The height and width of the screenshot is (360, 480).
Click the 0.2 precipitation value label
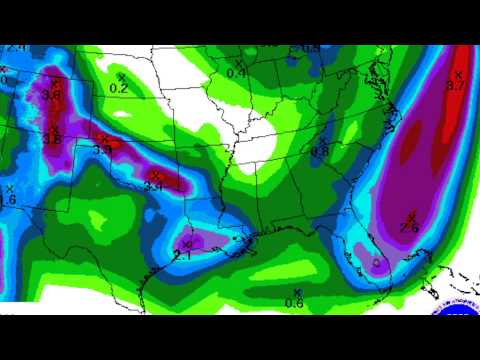coord(118,89)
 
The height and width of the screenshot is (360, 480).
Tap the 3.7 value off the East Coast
coord(456,87)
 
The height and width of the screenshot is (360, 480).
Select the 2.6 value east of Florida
coord(409,229)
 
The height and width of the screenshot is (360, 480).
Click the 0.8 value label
coord(320,151)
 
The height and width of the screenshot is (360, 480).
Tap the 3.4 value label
coord(153,187)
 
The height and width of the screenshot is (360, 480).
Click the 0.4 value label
coord(236,73)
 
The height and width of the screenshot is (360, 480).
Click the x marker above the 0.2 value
coord(122,77)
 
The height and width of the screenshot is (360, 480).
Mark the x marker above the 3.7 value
coord(459,74)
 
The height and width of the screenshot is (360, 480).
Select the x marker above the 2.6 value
coord(411,217)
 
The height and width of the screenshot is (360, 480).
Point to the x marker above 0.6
coord(297,291)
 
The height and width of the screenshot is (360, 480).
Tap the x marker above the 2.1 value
coord(186,243)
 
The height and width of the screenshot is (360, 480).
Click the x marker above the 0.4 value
coord(239,62)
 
